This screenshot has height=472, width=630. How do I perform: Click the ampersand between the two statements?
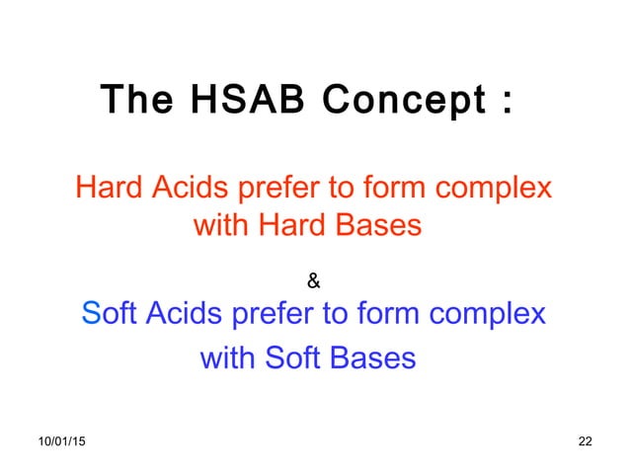coord(313,283)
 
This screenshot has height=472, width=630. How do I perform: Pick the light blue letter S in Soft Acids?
coord(91,315)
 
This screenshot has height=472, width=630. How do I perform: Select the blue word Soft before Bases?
coord(296,357)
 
